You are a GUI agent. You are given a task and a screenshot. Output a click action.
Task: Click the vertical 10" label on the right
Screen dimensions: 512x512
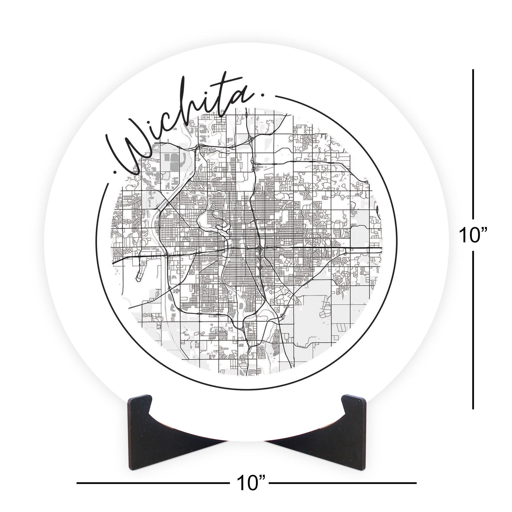[x=473, y=235]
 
